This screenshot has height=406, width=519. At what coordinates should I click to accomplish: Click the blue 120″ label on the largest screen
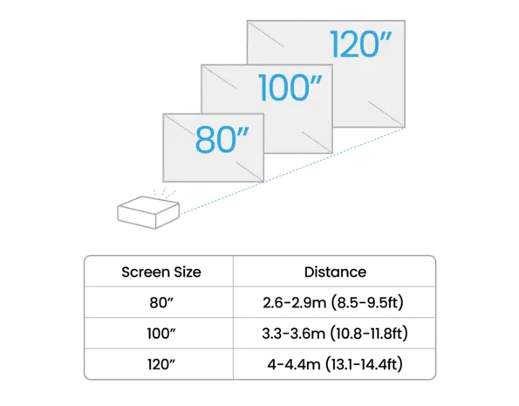(361, 44)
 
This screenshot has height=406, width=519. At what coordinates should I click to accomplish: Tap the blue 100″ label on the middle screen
(290, 87)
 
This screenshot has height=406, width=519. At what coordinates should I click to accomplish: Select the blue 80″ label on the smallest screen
(222, 140)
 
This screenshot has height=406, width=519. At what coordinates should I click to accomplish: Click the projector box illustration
(148, 212)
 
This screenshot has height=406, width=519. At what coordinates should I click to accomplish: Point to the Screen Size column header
(161, 272)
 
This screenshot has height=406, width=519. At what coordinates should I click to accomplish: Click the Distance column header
(335, 272)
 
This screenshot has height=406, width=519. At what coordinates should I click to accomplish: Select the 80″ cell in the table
(161, 302)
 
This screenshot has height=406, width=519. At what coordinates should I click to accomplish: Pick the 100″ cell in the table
(161, 333)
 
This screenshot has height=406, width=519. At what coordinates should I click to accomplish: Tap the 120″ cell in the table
(161, 364)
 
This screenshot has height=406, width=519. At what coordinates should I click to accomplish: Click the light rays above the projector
(165, 193)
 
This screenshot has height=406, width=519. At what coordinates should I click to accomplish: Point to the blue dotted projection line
(292, 170)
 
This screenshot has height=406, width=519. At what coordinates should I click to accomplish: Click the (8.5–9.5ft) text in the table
(367, 302)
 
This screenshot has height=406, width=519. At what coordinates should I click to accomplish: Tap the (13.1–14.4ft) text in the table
(364, 364)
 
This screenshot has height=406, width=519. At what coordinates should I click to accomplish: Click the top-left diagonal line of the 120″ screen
(265, 34)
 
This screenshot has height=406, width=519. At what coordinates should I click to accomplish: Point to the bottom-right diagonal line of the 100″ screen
(317, 141)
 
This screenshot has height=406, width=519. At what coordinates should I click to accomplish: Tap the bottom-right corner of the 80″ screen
(263, 182)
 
